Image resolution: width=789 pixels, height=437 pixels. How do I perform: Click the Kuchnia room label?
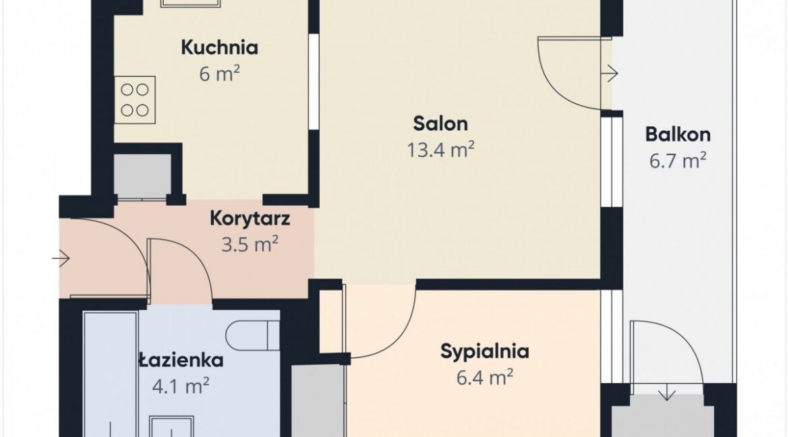pyautogui.click(x=219, y=47)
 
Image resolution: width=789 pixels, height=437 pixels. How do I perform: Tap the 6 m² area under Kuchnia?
pyautogui.click(x=219, y=74)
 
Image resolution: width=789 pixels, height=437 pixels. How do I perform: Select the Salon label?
pyautogui.click(x=440, y=123)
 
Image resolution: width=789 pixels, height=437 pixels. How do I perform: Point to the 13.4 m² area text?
pyautogui.click(x=441, y=150)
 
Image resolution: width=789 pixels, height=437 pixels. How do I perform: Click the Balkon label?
pyautogui.click(x=678, y=134)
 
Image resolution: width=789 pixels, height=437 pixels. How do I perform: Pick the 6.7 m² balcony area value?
pyautogui.click(x=678, y=161)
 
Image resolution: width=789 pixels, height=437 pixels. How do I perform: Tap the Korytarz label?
pyautogui.click(x=250, y=219)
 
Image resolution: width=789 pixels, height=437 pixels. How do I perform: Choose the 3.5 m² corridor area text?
pyautogui.click(x=250, y=245)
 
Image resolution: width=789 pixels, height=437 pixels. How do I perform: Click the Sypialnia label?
pyautogui.click(x=485, y=351)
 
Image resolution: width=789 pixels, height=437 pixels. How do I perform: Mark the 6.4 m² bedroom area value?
pyautogui.click(x=485, y=377)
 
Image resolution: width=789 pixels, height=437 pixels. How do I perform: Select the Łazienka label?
pyautogui.click(x=181, y=360)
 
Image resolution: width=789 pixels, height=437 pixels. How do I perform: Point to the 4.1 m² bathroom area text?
pyautogui.click(x=181, y=386)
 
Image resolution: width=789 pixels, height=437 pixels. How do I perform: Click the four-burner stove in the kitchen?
pyautogui.click(x=134, y=100)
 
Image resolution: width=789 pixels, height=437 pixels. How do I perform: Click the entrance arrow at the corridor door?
pyautogui.click(x=61, y=259)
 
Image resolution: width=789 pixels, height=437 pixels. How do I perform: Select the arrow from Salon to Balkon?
pyautogui.click(x=610, y=74)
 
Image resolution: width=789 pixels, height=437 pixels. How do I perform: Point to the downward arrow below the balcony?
pyautogui.click(x=667, y=392)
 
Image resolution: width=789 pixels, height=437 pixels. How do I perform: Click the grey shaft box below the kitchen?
pyautogui.click(x=143, y=175)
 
